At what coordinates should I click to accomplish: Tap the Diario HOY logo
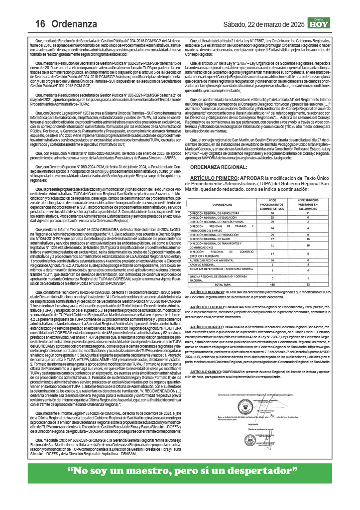pyautogui.click(x=319, y=23)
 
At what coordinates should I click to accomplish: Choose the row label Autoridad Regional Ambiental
pyautogui.click(x=214, y=260)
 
